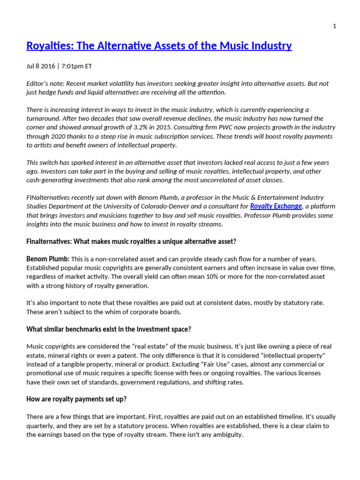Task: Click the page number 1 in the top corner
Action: point(334,26)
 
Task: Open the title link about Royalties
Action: point(159,45)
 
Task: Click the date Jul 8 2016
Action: point(40,66)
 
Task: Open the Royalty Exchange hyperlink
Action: point(276,206)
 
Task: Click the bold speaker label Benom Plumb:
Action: point(48,259)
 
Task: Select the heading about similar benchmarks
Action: point(109,329)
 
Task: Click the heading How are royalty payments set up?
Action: point(76,399)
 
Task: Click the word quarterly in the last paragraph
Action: point(41,426)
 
